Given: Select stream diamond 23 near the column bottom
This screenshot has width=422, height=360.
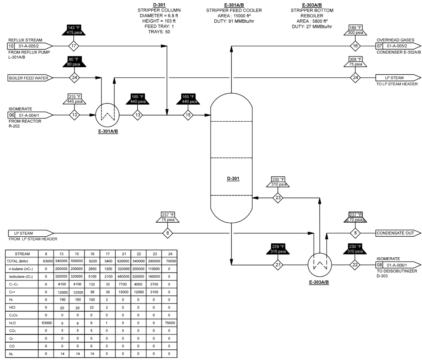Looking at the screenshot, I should [279, 198].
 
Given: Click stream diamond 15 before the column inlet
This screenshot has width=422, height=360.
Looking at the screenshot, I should [188, 115].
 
